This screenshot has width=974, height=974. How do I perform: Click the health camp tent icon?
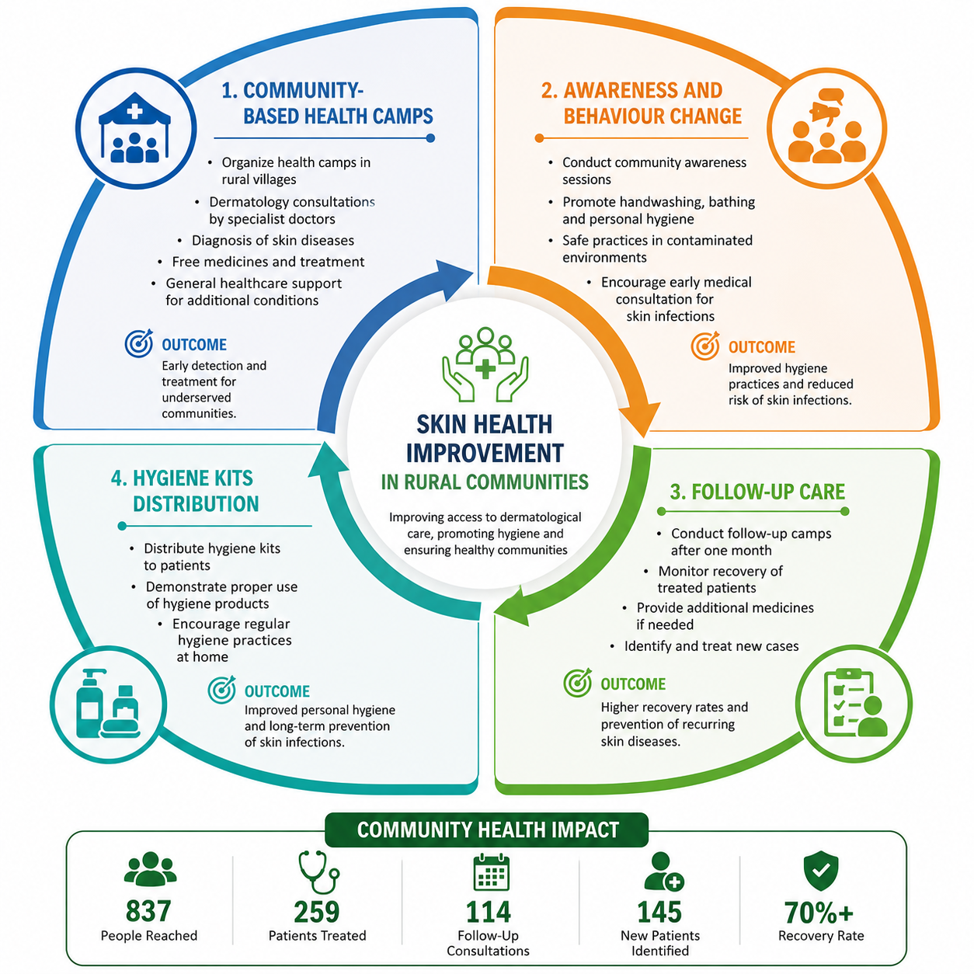[x=134, y=127]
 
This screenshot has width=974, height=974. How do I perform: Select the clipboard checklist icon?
[x=855, y=703]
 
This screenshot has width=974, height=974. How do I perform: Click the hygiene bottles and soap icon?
[x=108, y=703]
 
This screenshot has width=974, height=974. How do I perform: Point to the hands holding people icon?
[x=485, y=364]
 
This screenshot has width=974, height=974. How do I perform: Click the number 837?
[x=148, y=911]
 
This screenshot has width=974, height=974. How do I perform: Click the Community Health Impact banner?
[x=487, y=830]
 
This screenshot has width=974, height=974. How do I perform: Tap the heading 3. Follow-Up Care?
[x=757, y=492]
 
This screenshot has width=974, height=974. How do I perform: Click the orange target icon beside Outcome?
[x=705, y=346]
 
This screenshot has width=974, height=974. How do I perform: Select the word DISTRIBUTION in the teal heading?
[x=196, y=504]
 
